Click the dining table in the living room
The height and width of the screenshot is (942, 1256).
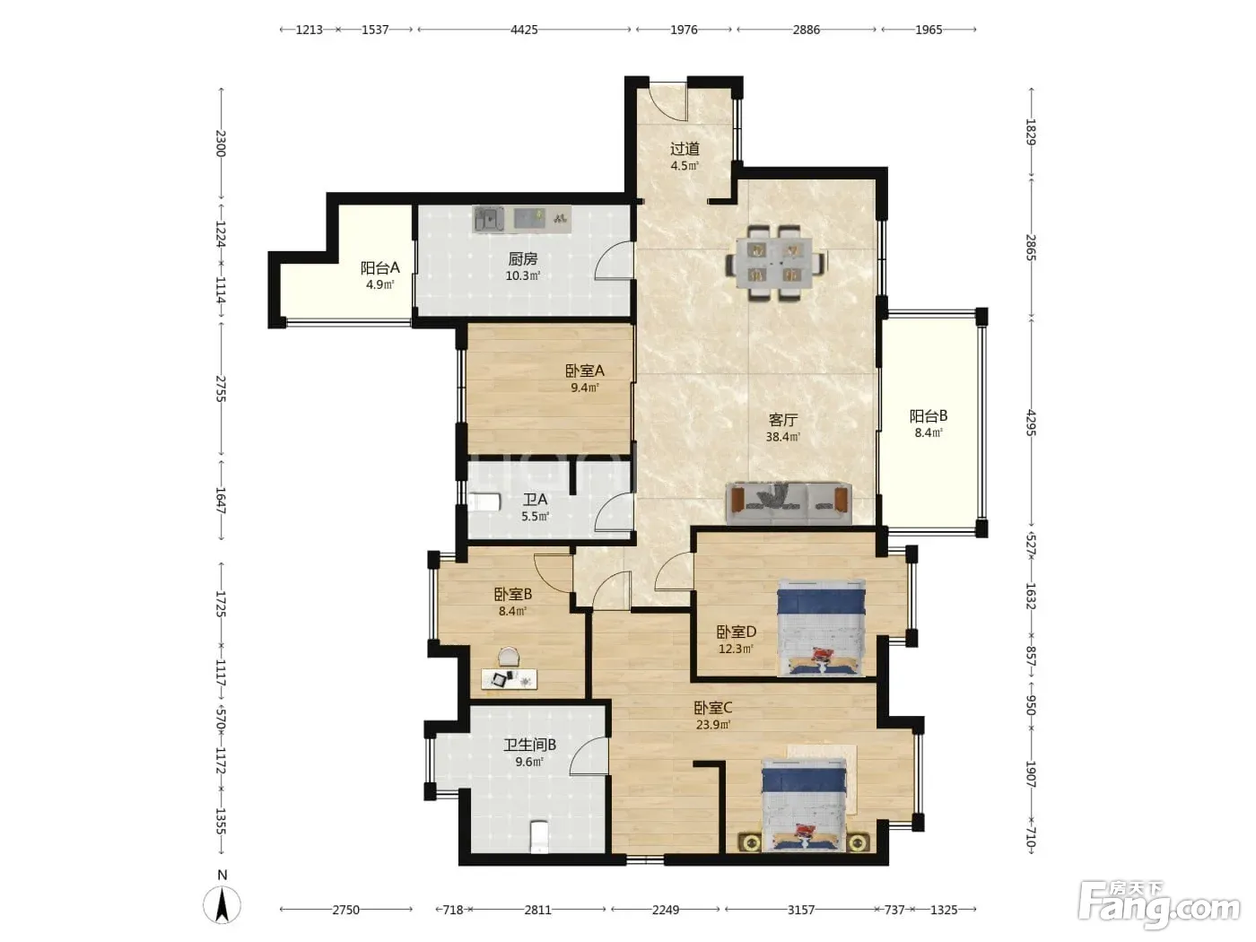775,264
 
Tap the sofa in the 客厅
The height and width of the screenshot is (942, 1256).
789,503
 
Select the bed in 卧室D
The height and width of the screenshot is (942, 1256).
821,627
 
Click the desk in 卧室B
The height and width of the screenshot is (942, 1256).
510,679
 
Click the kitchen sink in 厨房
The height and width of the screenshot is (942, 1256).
488,220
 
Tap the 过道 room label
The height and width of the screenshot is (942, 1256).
685,149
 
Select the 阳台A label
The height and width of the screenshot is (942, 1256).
380,267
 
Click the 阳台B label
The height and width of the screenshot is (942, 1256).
929,415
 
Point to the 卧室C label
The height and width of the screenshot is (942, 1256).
713,708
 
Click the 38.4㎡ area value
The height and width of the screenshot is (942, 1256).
783,438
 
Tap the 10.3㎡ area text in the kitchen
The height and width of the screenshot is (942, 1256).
523,275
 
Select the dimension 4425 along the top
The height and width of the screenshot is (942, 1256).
524,30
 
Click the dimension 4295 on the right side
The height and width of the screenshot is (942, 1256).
1031,423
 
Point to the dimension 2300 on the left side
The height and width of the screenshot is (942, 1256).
221,144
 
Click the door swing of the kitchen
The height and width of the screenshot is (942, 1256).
614,261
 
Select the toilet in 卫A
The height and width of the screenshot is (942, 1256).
484,502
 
